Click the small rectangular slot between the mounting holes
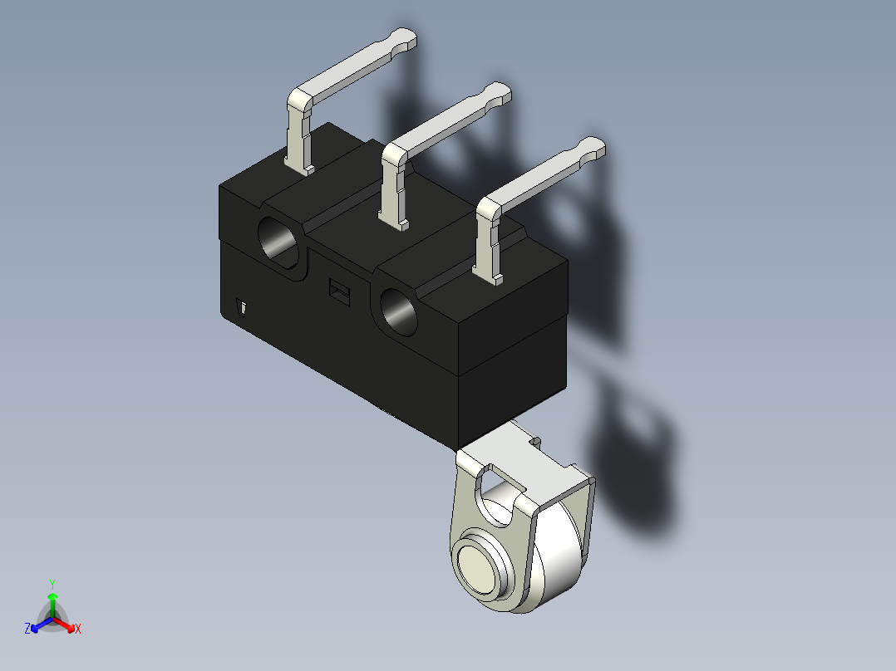(338, 290)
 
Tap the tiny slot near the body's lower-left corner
(241, 309)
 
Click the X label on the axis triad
(78, 629)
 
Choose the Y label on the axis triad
(52, 583)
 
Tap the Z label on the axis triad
(27, 629)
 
